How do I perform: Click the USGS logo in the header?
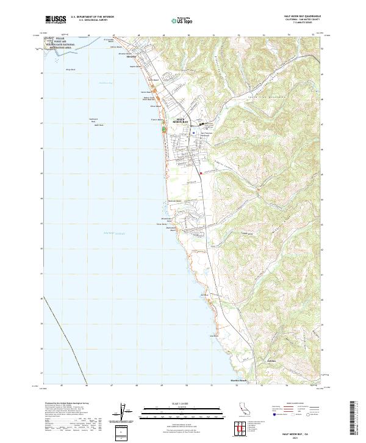pyautogui.click(x=56, y=20)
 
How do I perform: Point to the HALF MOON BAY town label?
pyautogui.click(x=184, y=120)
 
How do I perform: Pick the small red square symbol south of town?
pyautogui.click(x=200, y=174)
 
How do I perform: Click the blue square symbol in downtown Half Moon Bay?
pyautogui.click(x=193, y=131)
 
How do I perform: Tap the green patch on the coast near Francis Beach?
pyautogui.click(x=163, y=129)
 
